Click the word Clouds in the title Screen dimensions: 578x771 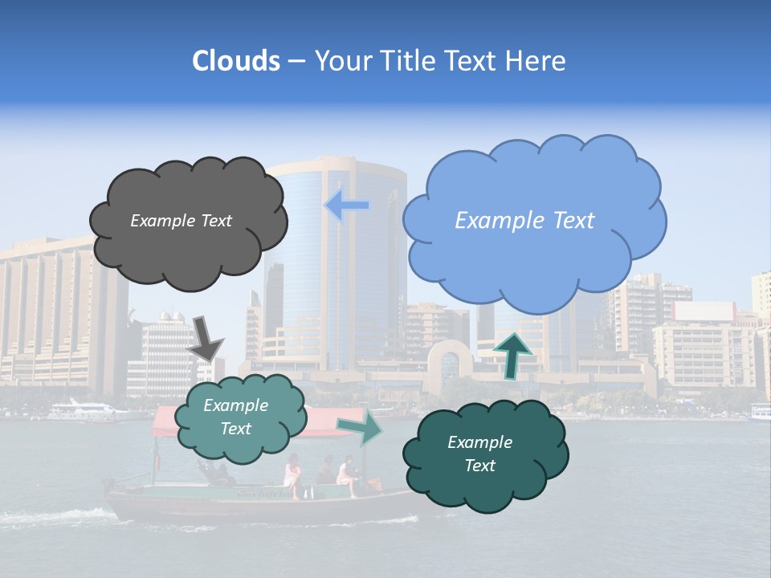coord(235,61)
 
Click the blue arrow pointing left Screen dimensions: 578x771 coord(346,206)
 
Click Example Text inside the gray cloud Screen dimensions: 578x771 coord(181,221)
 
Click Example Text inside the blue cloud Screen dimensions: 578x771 coord(524,221)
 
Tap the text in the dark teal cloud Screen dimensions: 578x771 coord(479,454)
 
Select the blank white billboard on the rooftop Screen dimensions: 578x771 coord(704,311)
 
